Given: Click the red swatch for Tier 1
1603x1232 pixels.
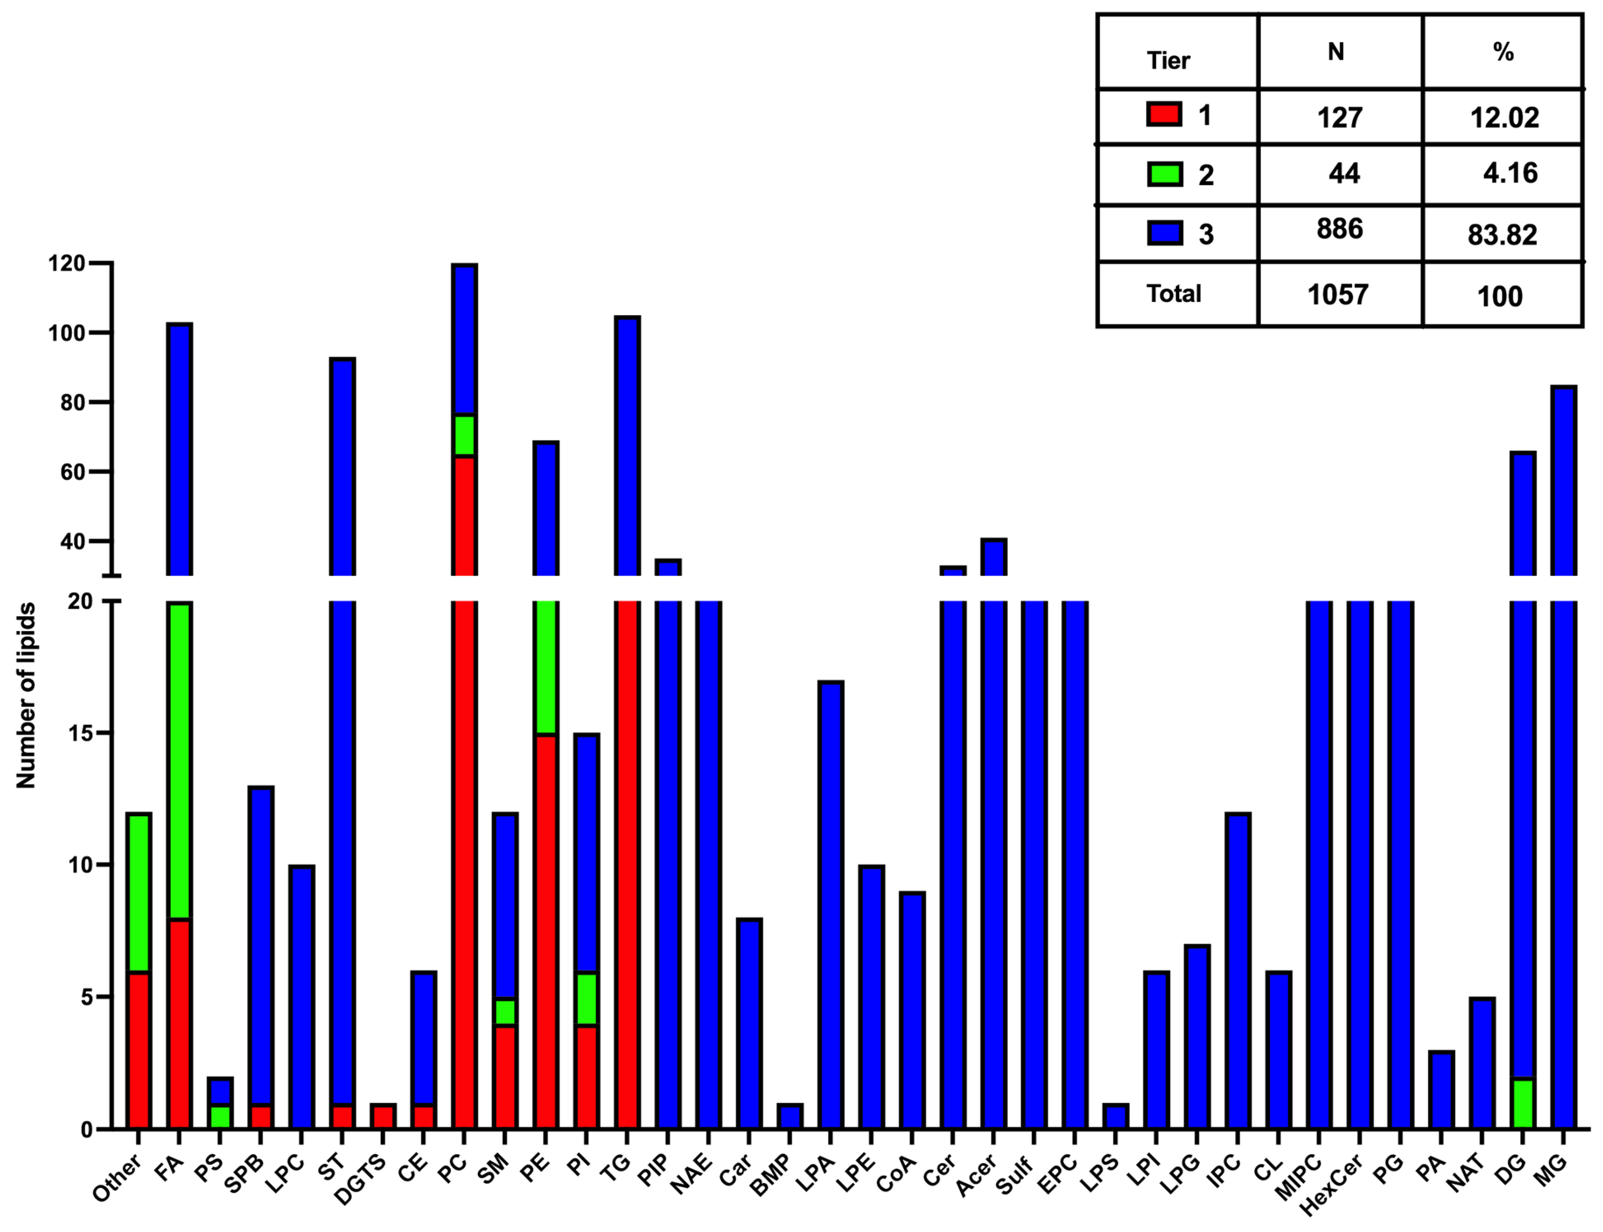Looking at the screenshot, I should click(1164, 114).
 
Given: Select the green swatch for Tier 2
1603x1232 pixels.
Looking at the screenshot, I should click(1164, 175).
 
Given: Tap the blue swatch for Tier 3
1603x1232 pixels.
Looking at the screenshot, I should click(1164, 233).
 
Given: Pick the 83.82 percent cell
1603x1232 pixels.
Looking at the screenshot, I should click(1502, 235).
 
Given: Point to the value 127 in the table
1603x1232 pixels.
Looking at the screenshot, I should click(1340, 117).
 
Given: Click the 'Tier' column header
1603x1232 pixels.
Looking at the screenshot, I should click(1168, 60).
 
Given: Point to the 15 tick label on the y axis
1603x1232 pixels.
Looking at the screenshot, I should click(80, 733).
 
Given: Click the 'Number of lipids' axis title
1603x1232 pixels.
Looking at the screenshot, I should click(26, 695).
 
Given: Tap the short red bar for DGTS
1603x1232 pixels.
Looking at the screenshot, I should click(383, 1116).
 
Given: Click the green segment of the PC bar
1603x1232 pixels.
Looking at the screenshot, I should click(464, 435).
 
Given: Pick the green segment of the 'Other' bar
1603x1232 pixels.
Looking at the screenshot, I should click(139, 892).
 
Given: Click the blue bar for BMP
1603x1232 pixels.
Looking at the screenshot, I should click(790, 1116).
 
